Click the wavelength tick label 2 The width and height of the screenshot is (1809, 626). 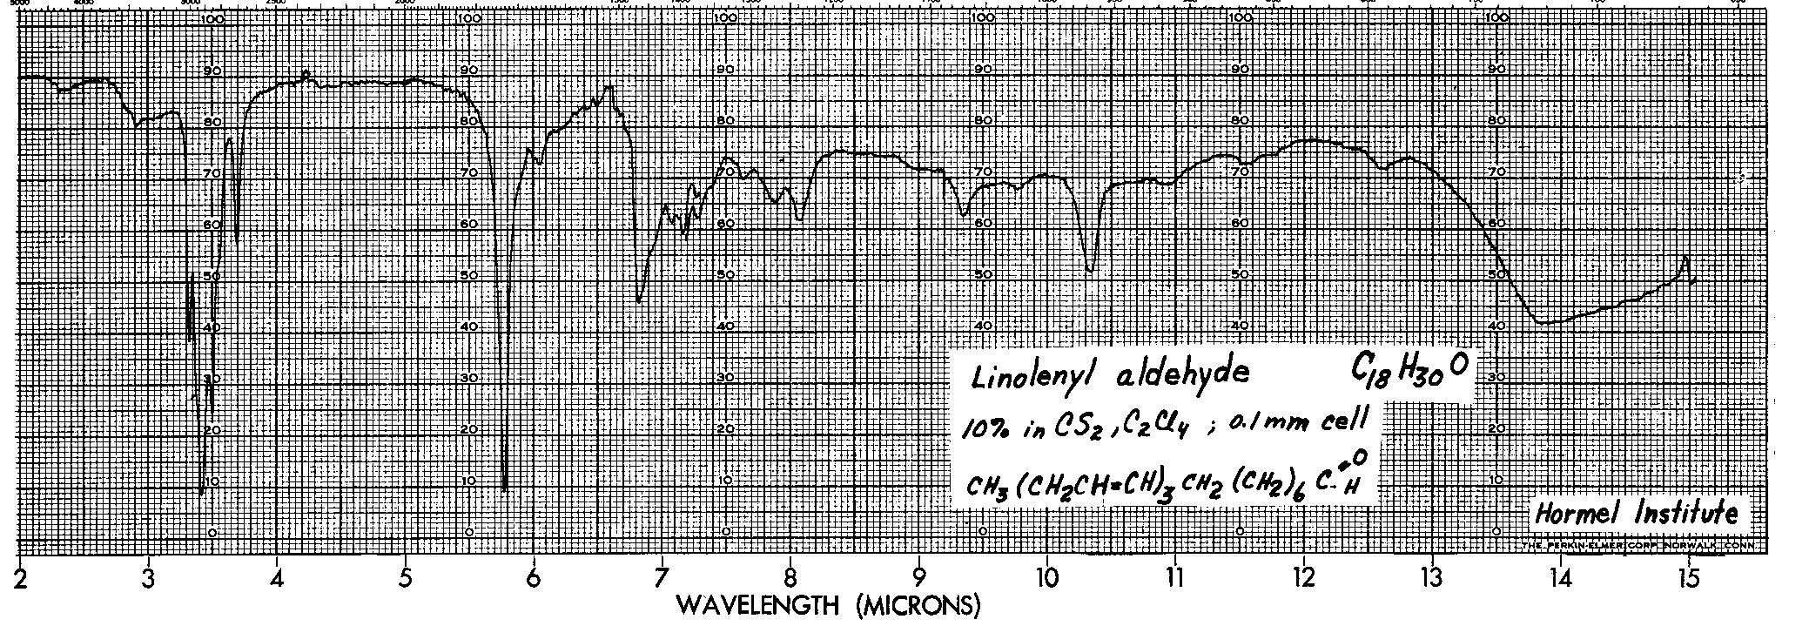(x=21, y=578)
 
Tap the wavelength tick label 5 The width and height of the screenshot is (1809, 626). (x=406, y=578)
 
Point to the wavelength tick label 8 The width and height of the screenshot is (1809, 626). (x=790, y=578)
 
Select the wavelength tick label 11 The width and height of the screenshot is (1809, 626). (x=1175, y=578)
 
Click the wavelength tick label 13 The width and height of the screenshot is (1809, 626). (x=1432, y=578)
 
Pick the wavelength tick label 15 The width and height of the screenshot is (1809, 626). (x=1688, y=578)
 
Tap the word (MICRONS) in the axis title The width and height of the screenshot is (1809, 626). (x=918, y=604)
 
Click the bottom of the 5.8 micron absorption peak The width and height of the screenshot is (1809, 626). (x=505, y=489)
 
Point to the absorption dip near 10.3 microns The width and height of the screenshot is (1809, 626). (x=1091, y=270)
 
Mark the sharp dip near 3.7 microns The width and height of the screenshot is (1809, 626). (x=237, y=239)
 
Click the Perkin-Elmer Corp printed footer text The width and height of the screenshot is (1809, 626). (x=1637, y=545)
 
